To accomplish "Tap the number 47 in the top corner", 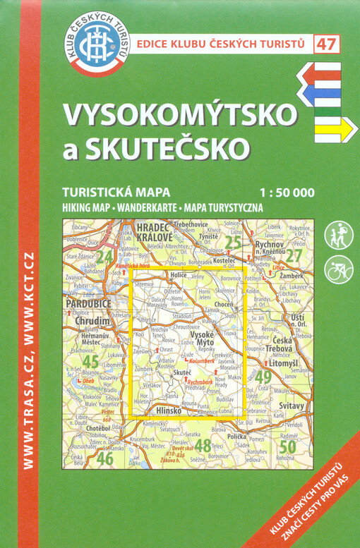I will [x=326, y=44].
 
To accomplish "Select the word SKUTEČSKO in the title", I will [x=176, y=147].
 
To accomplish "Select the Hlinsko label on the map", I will [x=170, y=410].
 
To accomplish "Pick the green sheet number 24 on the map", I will [x=105, y=255].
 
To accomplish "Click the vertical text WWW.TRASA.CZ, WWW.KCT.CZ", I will [x=28, y=360].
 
